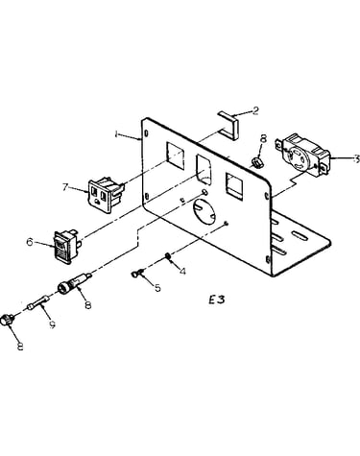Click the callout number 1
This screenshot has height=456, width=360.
116,134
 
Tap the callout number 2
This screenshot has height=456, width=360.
255,111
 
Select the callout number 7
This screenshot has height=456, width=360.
65,187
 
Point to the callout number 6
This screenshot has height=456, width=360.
30,242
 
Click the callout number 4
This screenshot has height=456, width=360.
182,272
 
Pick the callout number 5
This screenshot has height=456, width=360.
157,288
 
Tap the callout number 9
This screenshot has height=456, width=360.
52,324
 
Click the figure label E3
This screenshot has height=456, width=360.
217,300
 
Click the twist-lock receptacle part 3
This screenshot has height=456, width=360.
302,156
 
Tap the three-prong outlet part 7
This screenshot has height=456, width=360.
106,195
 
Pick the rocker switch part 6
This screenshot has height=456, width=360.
68,247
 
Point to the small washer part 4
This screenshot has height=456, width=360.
167,255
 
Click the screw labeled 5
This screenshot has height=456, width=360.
137,273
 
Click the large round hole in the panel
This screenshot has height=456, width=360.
204,213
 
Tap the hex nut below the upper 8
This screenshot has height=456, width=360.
256,162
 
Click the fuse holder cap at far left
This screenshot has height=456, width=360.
7,320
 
